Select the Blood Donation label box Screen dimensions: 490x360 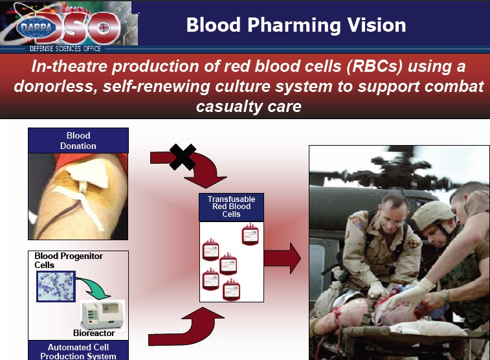78,141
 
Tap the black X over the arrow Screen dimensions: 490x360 182,156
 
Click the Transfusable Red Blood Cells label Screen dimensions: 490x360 231,207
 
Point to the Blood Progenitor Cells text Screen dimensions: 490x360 69,260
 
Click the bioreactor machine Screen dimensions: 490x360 103,313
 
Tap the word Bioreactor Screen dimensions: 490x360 95,333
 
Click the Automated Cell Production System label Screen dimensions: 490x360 78,352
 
